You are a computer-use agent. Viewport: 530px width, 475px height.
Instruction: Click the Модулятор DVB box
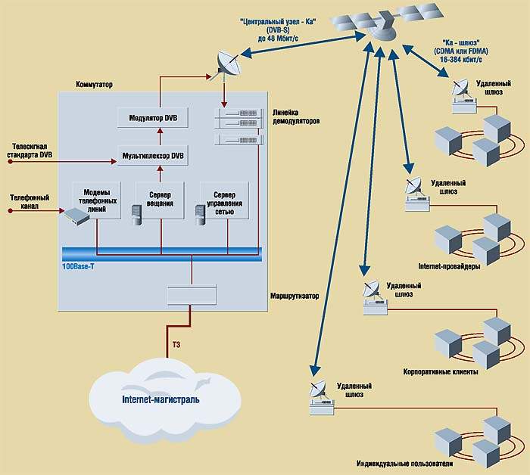tap(152, 118)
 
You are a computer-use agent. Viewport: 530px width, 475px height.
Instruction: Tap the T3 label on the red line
tap(176, 345)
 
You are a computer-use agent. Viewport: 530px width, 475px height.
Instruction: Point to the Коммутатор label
tap(95, 85)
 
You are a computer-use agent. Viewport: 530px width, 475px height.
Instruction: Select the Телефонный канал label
tap(30, 200)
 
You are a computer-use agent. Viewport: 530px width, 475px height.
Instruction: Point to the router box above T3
tap(192, 295)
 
